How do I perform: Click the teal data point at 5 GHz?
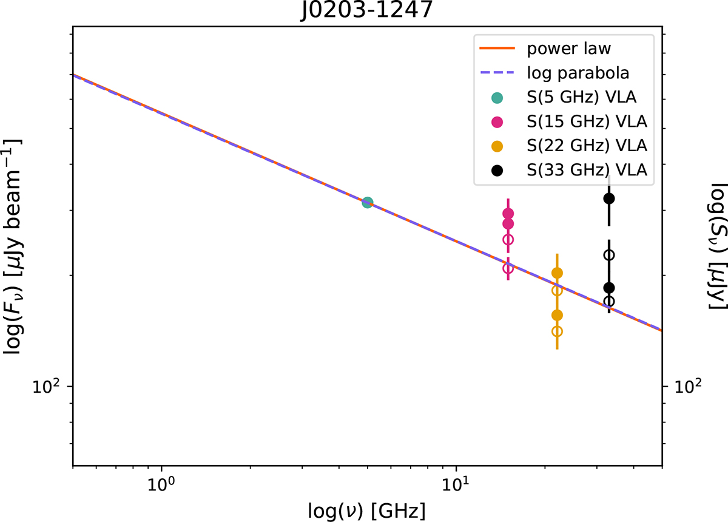click(367, 203)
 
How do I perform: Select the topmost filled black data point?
click(610, 198)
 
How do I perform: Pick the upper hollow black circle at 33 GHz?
click(610, 255)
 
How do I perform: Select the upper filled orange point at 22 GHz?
click(557, 273)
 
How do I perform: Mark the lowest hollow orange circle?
click(557, 331)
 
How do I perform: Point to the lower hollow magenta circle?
click(508, 268)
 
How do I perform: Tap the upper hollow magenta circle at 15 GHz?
click(508, 240)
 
